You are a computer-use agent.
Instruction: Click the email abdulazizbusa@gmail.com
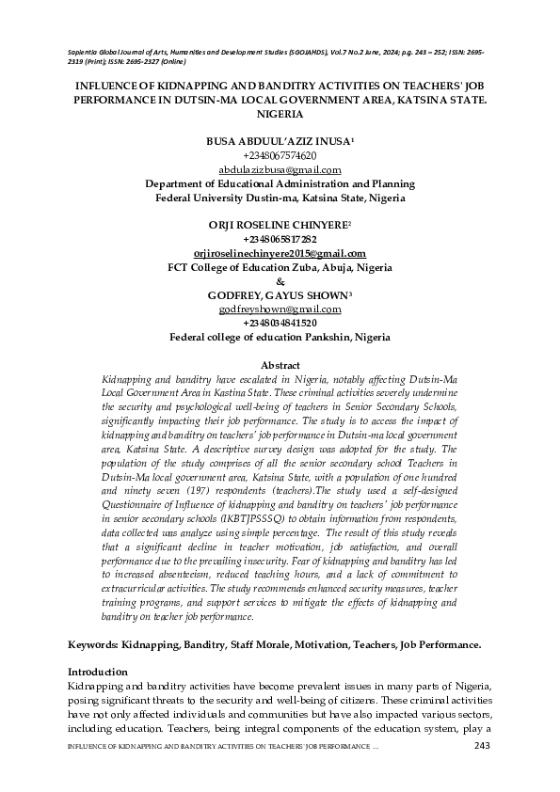(x=280, y=170)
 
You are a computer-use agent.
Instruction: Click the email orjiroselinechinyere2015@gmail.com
(x=280, y=254)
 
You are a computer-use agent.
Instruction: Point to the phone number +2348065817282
(x=280, y=240)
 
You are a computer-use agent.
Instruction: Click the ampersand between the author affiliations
(x=280, y=281)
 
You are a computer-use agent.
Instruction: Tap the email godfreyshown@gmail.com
(x=280, y=309)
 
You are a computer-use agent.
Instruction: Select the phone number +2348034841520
(x=280, y=323)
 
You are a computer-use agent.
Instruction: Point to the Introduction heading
(x=98, y=673)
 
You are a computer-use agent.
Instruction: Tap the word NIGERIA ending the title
(x=280, y=113)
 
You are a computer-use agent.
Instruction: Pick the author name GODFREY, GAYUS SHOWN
(x=279, y=295)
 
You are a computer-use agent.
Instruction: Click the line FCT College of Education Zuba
(x=280, y=267)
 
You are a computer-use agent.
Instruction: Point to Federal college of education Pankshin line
(x=280, y=337)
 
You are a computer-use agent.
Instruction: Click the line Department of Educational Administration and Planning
(x=280, y=184)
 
